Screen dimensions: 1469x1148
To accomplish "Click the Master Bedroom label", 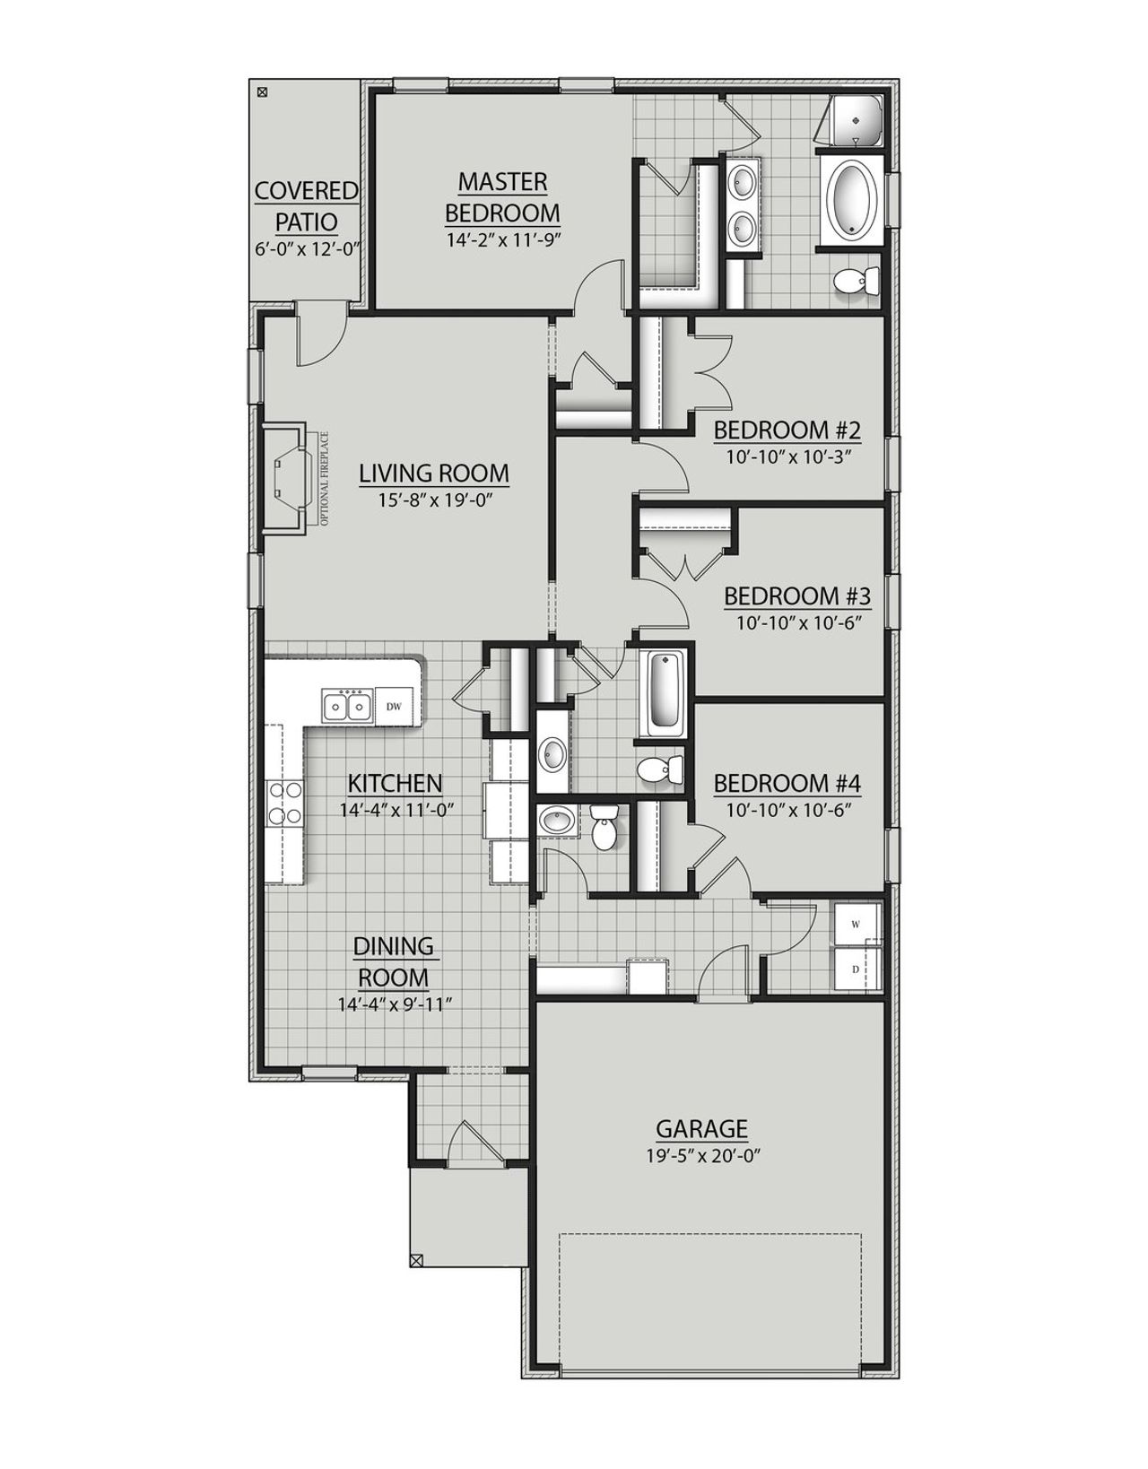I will [x=502, y=197].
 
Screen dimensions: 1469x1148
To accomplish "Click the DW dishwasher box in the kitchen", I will [x=393, y=706].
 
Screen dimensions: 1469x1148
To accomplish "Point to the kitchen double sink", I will [x=346, y=706].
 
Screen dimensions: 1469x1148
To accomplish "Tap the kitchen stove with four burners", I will [x=285, y=803].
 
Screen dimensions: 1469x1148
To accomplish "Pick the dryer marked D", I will [x=857, y=969].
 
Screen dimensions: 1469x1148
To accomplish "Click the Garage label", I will [x=701, y=1127].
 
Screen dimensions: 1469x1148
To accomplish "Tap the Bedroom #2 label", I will [x=787, y=430].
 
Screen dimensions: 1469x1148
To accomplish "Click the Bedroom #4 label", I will [x=787, y=784].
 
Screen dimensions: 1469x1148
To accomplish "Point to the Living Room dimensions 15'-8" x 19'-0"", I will [x=434, y=499].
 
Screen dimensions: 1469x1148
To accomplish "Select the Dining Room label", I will [x=394, y=960].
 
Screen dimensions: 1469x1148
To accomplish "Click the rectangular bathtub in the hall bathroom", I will [x=665, y=692].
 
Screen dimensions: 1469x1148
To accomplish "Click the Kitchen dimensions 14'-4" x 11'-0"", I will [x=396, y=809].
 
